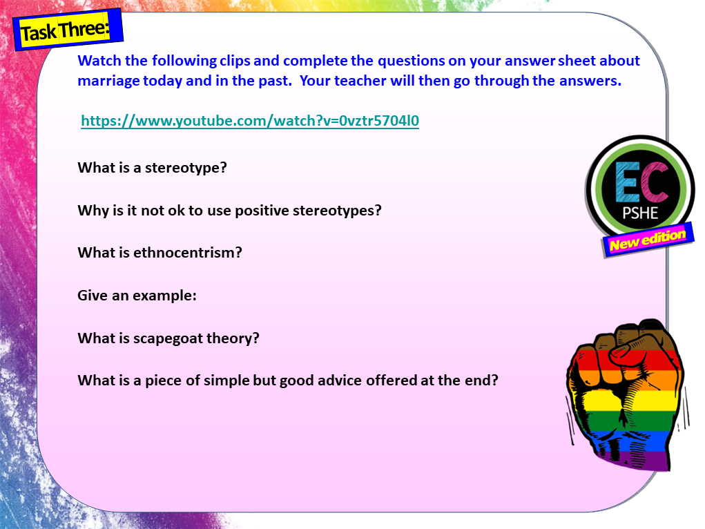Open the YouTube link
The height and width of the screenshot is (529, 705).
click(x=250, y=122)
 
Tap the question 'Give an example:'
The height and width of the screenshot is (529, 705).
click(x=137, y=296)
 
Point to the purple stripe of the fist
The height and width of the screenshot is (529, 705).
click(x=636, y=459)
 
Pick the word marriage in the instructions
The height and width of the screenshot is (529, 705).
click(x=108, y=80)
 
